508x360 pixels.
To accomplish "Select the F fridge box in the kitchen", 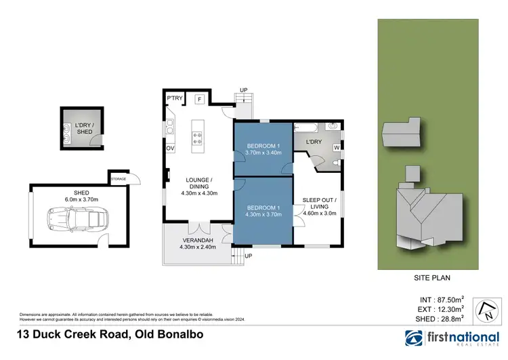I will (200, 100).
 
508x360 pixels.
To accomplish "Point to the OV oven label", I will (170, 148).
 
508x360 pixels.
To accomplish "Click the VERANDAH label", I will (196, 241).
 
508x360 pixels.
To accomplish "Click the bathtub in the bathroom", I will (308, 127).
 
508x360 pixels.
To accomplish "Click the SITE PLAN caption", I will (432, 277).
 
